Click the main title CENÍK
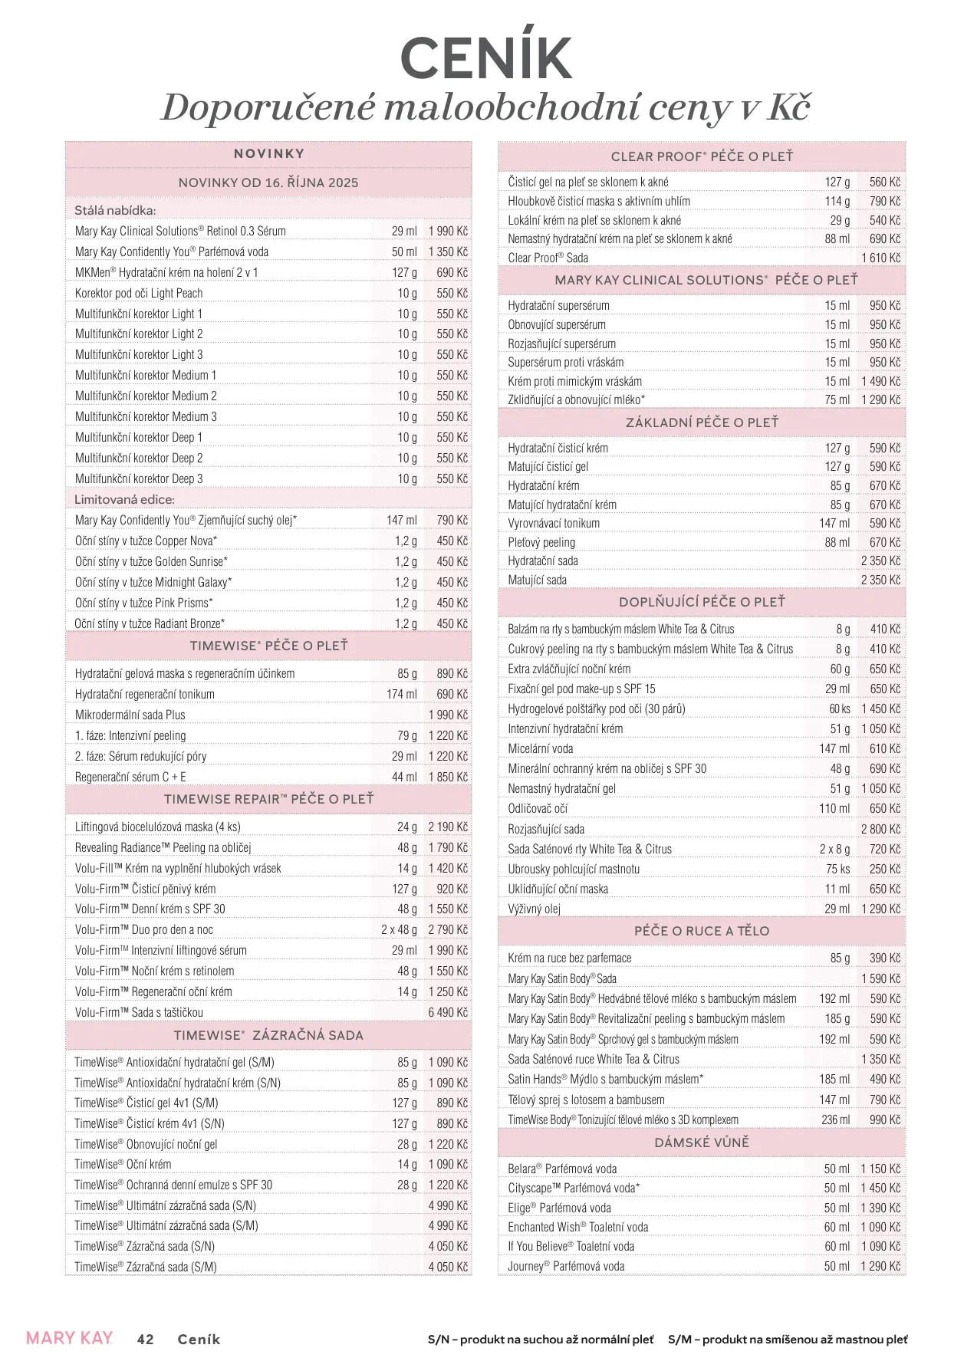(485, 58)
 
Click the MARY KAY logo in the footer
(69, 1338)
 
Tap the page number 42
(145, 1340)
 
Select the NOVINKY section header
(268, 154)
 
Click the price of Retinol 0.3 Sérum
(448, 231)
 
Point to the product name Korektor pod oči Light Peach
(139, 293)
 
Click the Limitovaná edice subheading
(124, 499)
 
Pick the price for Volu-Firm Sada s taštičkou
(448, 1012)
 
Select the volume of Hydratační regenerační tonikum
(402, 694)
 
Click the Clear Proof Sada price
(880, 258)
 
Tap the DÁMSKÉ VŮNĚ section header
(702, 1142)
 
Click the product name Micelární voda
(541, 748)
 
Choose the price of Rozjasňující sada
(880, 829)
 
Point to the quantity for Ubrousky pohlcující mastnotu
(837, 869)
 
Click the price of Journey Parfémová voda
(880, 1266)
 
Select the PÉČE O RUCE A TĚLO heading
(702, 931)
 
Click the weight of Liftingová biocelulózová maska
(407, 827)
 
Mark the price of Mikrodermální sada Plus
(448, 715)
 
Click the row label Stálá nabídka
(115, 210)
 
